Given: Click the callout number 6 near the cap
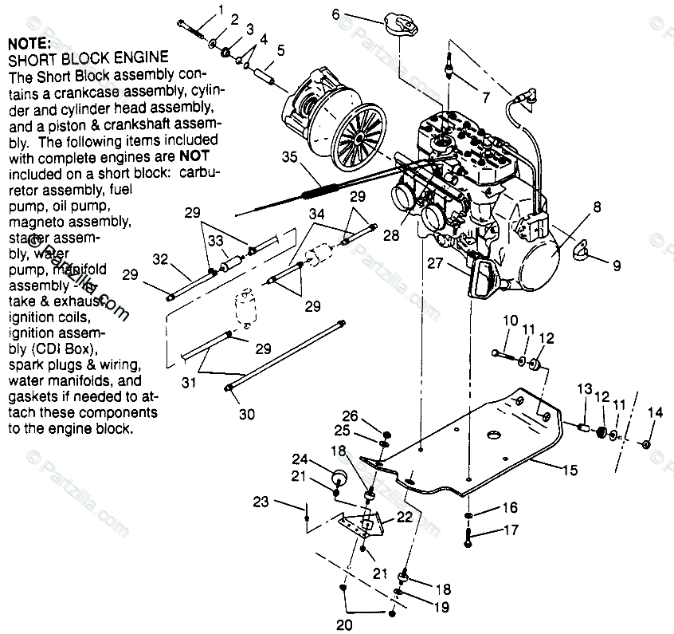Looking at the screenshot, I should click(x=335, y=14).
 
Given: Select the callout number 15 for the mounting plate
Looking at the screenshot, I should click(x=570, y=471).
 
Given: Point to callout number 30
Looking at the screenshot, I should click(x=248, y=415).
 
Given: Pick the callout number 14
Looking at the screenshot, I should click(x=655, y=412).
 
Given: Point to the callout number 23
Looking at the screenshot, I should click(x=261, y=502).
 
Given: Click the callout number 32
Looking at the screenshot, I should click(x=161, y=258).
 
